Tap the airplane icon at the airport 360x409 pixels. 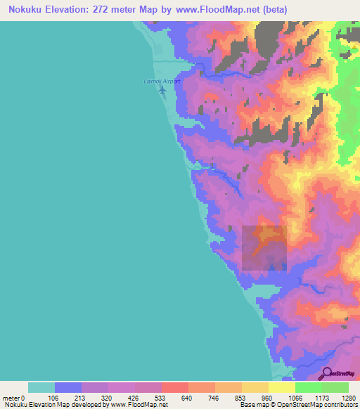coord(163,90)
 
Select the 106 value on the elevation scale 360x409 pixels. coord(54,398)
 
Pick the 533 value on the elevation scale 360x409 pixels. coord(162,398)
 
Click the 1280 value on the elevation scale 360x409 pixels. coord(348,398)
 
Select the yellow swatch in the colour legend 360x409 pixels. coord(282,387)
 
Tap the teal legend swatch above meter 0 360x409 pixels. coord(41,387)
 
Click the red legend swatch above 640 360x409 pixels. coord(175,387)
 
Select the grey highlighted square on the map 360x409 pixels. coord(264,247)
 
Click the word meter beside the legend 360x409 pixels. coord(10,398)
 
